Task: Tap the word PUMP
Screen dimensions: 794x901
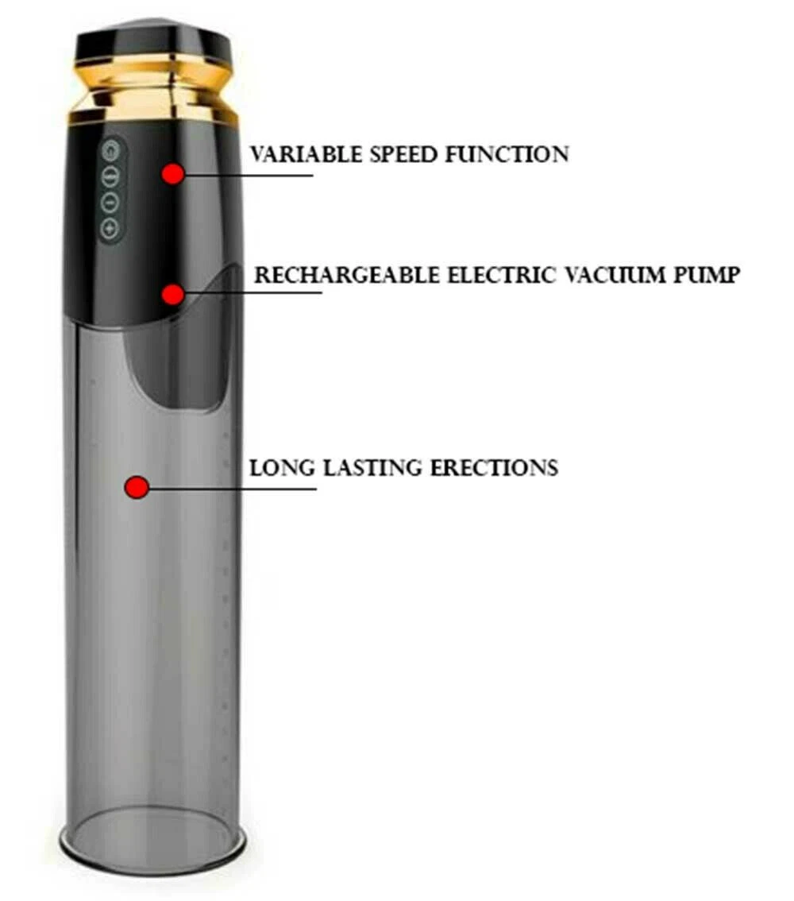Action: (705, 276)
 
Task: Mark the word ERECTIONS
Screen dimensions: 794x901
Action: (494, 467)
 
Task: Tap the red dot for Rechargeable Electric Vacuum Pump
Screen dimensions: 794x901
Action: (172, 295)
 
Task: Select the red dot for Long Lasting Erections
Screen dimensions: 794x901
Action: (138, 487)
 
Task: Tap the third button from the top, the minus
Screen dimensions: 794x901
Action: (111, 201)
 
